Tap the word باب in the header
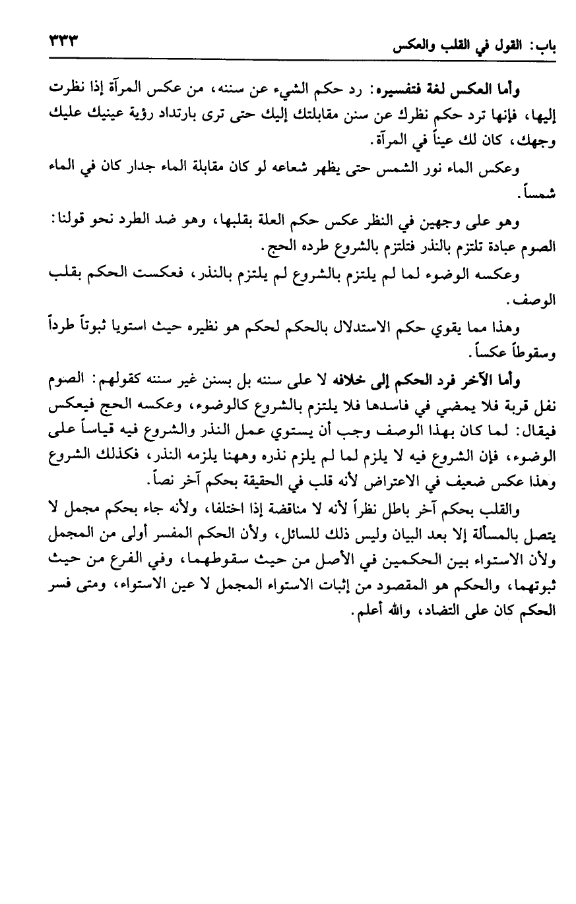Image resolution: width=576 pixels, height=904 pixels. (542, 47)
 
